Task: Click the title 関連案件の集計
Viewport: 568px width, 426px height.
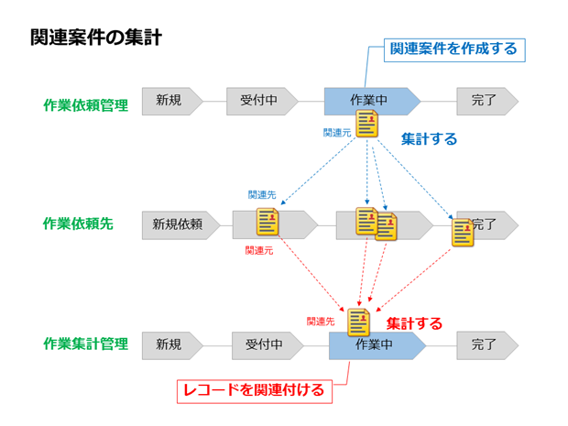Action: pyautogui.click(x=96, y=38)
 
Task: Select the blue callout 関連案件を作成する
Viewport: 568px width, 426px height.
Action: pyautogui.click(x=454, y=50)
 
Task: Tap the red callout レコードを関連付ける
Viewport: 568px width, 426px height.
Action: pyautogui.click(x=255, y=391)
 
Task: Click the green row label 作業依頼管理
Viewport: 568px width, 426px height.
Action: pyautogui.click(x=86, y=105)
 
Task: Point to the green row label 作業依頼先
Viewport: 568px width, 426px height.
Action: pyautogui.click(x=78, y=224)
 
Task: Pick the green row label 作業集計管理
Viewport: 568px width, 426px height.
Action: pyautogui.click(x=86, y=344)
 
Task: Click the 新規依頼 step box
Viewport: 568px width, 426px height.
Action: pyautogui.click(x=180, y=225)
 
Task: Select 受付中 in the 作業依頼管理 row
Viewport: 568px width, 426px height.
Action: pyautogui.click(x=262, y=102)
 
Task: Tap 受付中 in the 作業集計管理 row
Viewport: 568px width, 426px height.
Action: pyautogui.click(x=268, y=345)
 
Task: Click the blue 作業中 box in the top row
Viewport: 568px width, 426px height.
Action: pyautogui.click(x=372, y=102)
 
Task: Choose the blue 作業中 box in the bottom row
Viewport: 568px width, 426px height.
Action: pyautogui.click(x=377, y=345)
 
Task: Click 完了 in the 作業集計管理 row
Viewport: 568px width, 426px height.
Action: pyautogui.click(x=487, y=345)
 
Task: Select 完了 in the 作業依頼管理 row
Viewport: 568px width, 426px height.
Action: pyautogui.click(x=487, y=102)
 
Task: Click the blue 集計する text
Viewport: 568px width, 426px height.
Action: pyautogui.click(x=430, y=139)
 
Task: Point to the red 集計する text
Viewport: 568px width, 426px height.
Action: pyautogui.click(x=414, y=323)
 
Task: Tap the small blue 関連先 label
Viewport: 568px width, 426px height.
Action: pyautogui.click(x=262, y=195)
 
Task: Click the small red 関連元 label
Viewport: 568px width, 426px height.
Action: pyautogui.click(x=259, y=250)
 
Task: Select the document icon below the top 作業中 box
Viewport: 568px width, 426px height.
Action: pyautogui.click(x=367, y=124)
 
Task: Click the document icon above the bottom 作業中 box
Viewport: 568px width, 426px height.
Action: pyautogui.click(x=358, y=322)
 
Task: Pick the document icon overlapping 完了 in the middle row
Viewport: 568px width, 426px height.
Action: pyautogui.click(x=463, y=233)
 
